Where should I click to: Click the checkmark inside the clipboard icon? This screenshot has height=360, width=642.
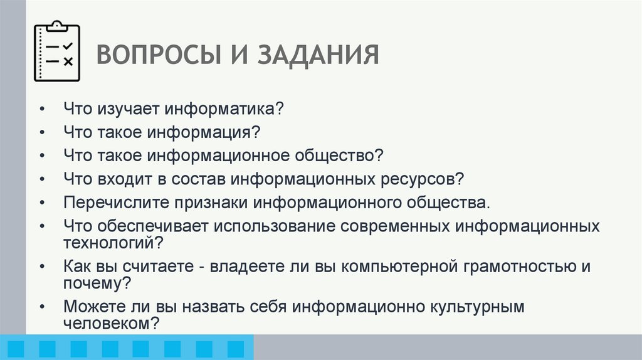[x=68, y=46]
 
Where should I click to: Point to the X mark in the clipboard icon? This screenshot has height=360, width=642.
[x=68, y=61]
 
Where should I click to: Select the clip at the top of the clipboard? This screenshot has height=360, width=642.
[x=57, y=26]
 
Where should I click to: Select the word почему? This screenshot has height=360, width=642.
[x=97, y=283]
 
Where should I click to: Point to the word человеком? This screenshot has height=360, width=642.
[x=110, y=324]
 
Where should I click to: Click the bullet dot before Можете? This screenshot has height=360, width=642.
[x=41, y=307]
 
